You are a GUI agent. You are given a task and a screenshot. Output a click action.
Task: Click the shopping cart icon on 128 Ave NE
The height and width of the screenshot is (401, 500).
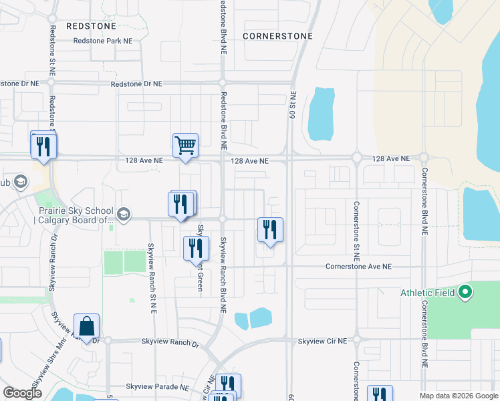coord(185,145)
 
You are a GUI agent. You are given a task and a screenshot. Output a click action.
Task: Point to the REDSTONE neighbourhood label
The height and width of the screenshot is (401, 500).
coord(92,26)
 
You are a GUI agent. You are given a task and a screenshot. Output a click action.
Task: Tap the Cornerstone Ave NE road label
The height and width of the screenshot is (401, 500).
coord(358,266)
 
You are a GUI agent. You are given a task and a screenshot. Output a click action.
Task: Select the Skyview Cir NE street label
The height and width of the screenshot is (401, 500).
coord(322,341)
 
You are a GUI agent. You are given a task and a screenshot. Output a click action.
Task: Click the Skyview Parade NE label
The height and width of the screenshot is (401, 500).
coord(158,387)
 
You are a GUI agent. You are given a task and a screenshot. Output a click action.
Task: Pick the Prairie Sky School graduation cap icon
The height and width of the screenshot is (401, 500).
coord(123,214)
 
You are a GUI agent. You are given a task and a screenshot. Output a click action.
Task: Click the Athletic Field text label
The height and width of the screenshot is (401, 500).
coord(428,293)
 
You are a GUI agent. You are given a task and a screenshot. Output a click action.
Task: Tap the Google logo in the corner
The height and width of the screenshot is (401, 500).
coord(22,393)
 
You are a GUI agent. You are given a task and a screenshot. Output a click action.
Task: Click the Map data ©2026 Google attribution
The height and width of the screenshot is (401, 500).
coord(459,396)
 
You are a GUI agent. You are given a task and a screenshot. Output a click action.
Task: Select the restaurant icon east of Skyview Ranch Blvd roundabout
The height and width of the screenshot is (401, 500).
coord(270,229)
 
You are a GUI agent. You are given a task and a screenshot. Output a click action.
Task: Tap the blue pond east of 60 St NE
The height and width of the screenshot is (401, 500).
coord(322,111)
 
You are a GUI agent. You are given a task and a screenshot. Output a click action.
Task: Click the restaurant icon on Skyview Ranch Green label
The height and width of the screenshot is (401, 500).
coord(196,247)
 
